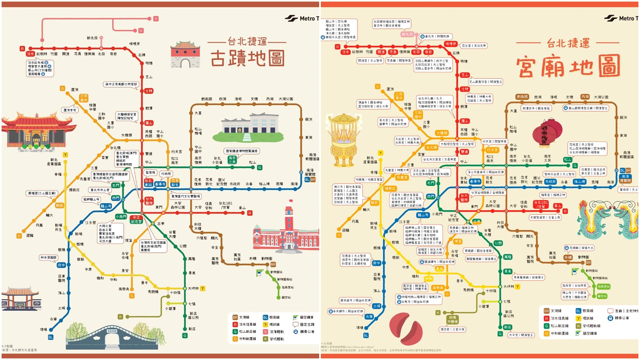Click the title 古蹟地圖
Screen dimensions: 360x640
[x=248, y=58]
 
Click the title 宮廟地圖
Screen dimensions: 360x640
[x=568, y=66]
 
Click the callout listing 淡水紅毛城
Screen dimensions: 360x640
[x=40, y=68]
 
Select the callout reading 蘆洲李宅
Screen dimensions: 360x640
[x=70, y=110]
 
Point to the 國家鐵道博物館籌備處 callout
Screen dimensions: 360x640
[x=242, y=151]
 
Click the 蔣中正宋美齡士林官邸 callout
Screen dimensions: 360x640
[x=121, y=84]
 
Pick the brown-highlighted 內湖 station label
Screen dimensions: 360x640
[x=585, y=97]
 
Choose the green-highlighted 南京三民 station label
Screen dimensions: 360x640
[x=232, y=160]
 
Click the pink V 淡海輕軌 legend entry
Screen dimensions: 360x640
[x=274, y=332]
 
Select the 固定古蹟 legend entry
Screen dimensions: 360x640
[x=304, y=324]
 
